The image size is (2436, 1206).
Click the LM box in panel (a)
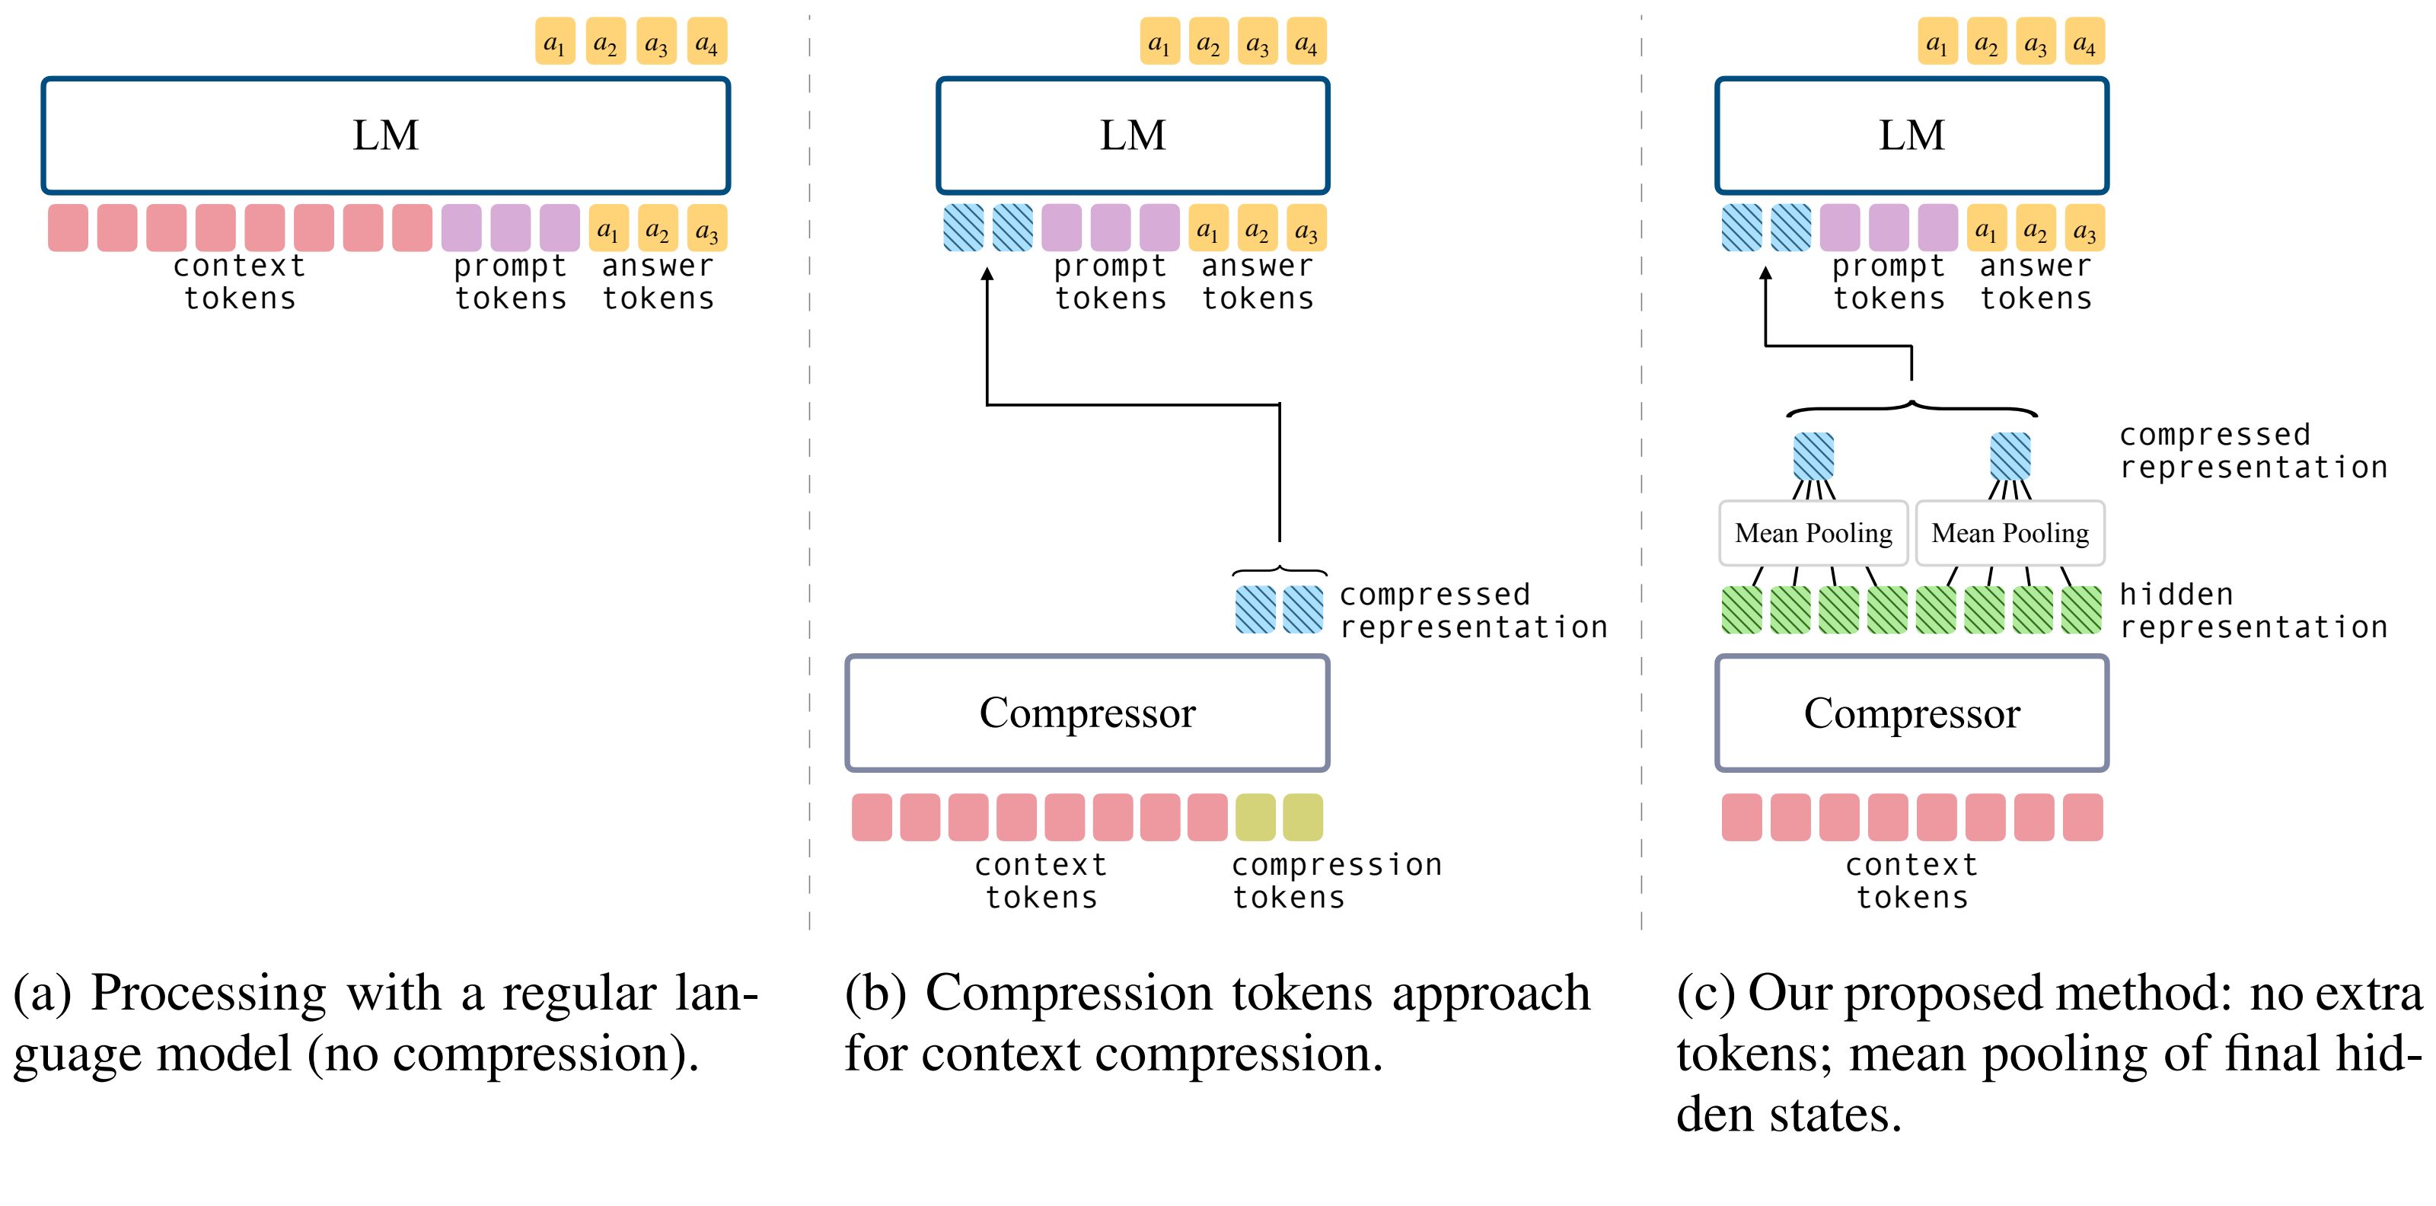pos(386,136)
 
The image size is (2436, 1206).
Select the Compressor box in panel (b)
pos(1088,713)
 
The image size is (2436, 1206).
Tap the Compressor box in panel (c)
pos(1911,713)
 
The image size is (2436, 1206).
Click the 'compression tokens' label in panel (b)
pos(1335,881)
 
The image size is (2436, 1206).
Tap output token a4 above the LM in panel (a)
pos(706,43)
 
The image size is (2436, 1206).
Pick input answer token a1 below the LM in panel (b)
pos(1207,229)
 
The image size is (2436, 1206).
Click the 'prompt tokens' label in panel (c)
pos(1889,282)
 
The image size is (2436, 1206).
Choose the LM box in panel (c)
pos(1911,136)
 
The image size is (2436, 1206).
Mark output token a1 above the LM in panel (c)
pos(1937,43)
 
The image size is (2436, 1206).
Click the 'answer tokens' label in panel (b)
pos(1258,282)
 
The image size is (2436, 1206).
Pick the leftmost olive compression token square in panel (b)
pos(1255,817)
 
